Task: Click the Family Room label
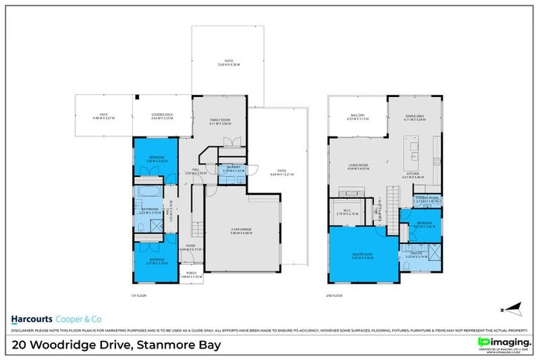[220, 122]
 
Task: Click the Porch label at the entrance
[191, 275]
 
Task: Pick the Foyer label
[190, 247]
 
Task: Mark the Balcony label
[357, 117]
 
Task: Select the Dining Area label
[415, 117]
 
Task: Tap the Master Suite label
[364, 255]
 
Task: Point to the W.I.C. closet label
[349, 211]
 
